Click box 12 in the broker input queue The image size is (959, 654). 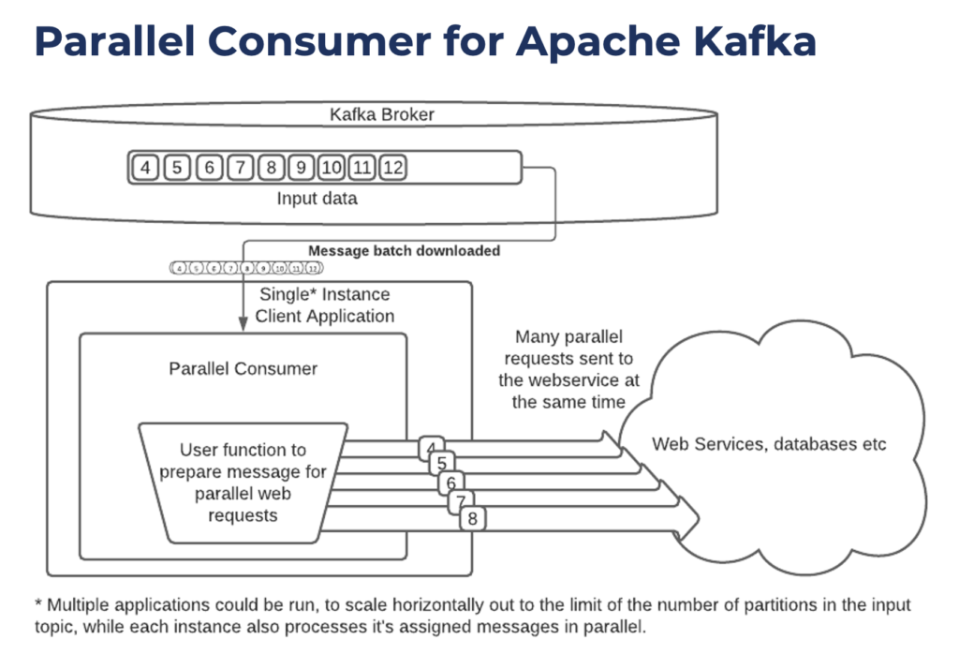[x=393, y=168]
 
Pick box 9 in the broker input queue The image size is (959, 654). [x=301, y=168]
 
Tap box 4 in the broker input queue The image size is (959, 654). [x=145, y=168]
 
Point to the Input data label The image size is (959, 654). [x=317, y=199]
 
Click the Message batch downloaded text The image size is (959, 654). [x=404, y=250]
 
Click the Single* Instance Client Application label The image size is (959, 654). [x=324, y=305]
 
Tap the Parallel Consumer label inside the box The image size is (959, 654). [x=243, y=368]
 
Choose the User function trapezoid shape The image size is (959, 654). [x=243, y=482]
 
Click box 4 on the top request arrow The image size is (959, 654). [x=432, y=446]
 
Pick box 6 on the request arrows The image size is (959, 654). [x=451, y=483]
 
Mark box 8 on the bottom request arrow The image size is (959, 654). [x=472, y=518]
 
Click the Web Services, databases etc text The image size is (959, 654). [x=769, y=443]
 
